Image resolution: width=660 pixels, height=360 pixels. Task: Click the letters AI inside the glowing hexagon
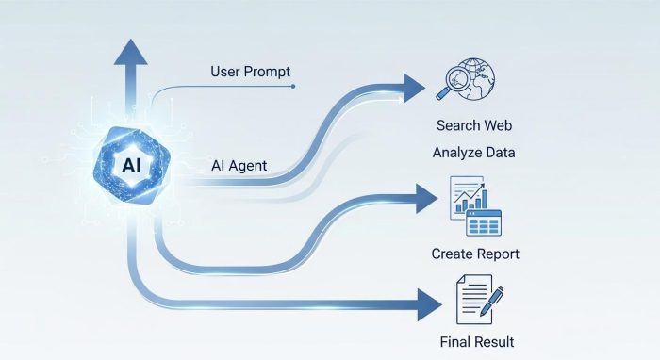[x=131, y=164]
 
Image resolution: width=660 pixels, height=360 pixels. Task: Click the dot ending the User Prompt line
[x=294, y=86]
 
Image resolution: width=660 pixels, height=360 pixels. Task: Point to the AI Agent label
[x=239, y=166]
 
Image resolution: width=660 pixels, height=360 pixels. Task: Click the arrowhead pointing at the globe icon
[x=413, y=87]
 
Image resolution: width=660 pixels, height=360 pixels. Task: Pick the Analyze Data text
[x=475, y=152]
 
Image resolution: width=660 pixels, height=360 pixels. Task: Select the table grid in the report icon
[x=483, y=224]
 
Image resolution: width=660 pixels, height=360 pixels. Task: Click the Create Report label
[x=475, y=254]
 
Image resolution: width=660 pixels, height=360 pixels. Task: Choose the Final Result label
[x=476, y=341]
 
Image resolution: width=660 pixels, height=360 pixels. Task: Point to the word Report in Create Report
[x=497, y=254]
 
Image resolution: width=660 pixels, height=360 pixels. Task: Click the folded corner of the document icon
[x=487, y=280]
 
